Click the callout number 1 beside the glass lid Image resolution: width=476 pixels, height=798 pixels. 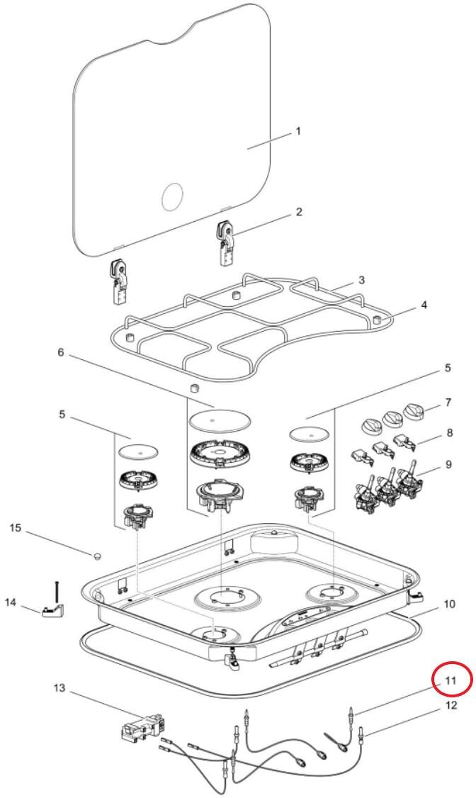298,131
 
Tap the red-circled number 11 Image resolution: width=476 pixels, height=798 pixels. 451,680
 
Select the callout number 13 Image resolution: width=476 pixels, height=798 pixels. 59,688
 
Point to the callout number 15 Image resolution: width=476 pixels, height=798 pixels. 16,528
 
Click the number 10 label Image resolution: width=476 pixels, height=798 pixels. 449,604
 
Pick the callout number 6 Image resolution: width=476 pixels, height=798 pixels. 60,352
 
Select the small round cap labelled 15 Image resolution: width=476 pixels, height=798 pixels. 96,555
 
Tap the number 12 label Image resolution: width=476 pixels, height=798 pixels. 451,705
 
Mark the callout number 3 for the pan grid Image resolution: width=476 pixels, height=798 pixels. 361,280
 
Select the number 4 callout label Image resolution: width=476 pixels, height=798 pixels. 424,305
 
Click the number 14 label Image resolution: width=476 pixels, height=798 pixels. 11,602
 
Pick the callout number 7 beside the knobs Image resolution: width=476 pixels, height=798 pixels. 448,403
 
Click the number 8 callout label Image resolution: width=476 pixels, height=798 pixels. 450,433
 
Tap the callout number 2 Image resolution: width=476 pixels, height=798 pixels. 299,212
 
